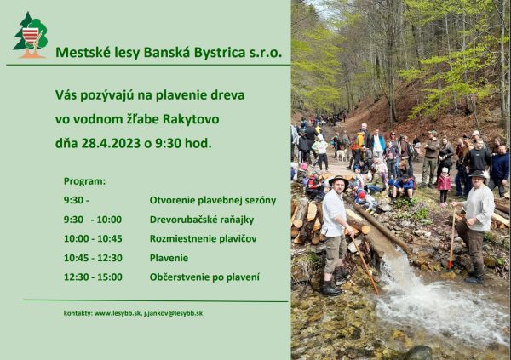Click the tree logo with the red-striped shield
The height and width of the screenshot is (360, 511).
30,35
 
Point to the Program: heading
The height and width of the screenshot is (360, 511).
84,181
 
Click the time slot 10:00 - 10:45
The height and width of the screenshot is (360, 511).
93,238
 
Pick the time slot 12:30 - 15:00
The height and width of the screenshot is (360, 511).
93,277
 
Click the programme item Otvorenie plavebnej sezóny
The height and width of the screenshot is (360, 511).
212,200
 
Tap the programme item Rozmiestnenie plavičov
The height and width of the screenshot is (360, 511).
203,238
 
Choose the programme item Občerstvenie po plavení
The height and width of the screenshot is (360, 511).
204,277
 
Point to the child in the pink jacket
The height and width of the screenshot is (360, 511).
444,182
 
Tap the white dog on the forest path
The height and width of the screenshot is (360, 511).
342,156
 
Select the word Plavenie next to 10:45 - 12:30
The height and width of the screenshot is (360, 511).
169,258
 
